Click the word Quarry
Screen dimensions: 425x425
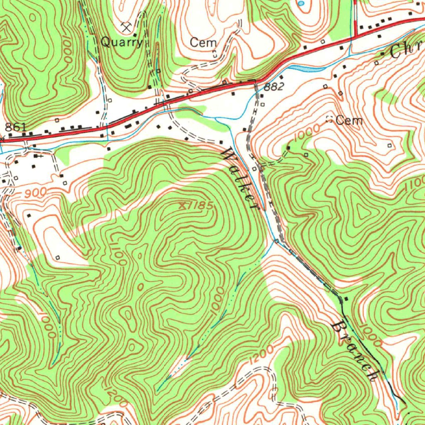[122, 42]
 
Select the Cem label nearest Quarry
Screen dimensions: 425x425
[203, 42]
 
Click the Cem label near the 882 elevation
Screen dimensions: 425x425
[349, 120]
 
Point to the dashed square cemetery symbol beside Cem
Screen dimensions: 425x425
[330, 120]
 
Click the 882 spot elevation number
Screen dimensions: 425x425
[274, 87]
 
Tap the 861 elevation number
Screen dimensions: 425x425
[15, 127]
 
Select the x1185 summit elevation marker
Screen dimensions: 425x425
[196, 205]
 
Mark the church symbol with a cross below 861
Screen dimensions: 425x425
[39, 156]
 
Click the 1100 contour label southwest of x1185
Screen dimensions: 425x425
[117, 251]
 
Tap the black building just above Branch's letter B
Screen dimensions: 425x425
[346, 299]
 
